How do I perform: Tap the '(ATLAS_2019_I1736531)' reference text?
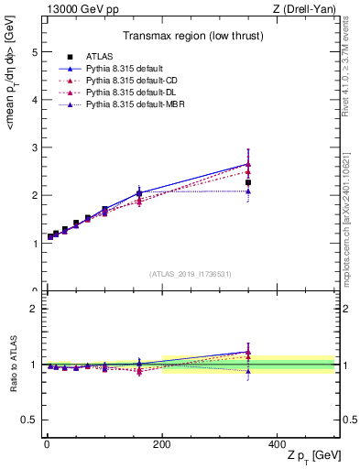click(x=190, y=274)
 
